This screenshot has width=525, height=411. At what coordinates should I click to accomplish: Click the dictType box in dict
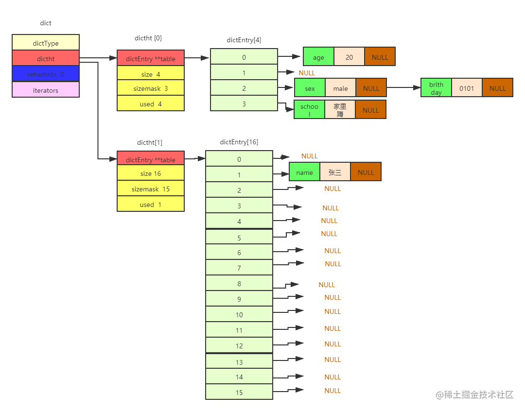[x=46, y=43]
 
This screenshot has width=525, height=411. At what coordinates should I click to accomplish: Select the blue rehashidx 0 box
[x=46, y=74]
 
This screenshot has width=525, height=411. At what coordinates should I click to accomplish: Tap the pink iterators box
[x=46, y=90]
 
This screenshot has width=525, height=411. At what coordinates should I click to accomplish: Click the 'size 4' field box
[x=151, y=74]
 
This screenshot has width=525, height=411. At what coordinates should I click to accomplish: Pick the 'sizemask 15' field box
[x=151, y=189]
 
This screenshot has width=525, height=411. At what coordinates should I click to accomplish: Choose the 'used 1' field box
[x=151, y=205]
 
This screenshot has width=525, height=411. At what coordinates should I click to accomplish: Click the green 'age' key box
[x=318, y=57]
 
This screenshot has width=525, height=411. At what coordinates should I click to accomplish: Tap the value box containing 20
[x=349, y=57]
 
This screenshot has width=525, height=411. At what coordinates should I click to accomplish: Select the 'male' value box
[x=340, y=88]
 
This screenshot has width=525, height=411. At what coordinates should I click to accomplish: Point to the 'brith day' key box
[x=436, y=88]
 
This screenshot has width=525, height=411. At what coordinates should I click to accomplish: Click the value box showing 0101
[x=467, y=88]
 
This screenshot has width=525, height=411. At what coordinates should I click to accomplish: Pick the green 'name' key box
[x=304, y=172]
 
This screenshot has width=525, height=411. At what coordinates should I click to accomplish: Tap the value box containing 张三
[x=335, y=172]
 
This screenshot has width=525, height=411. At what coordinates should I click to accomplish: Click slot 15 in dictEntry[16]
[x=239, y=392]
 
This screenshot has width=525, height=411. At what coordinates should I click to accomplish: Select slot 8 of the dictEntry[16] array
[x=239, y=283]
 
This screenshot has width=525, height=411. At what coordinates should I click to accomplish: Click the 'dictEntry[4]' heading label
[x=244, y=40]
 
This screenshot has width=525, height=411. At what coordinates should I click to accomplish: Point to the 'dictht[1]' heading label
[x=150, y=142]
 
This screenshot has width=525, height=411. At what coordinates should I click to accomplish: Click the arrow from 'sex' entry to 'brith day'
[x=403, y=88]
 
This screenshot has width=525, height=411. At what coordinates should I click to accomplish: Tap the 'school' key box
[x=309, y=110]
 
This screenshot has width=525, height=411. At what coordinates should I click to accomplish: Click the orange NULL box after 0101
[x=497, y=88]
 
